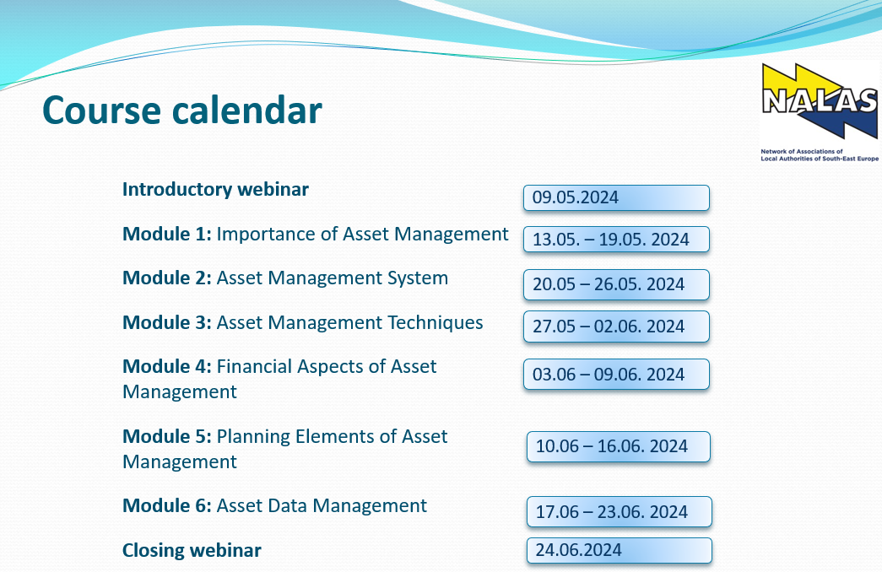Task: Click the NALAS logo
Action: tap(820, 112)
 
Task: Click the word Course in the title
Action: tap(102, 110)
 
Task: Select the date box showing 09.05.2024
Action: tap(616, 198)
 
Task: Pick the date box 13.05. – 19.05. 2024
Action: tap(616, 240)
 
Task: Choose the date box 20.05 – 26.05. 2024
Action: tap(616, 284)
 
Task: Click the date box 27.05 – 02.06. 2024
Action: tap(616, 326)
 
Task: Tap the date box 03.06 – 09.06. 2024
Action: tap(616, 375)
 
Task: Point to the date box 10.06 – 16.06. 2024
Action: tap(619, 446)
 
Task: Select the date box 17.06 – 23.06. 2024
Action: tap(620, 512)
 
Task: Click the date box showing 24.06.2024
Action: tap(620, 550)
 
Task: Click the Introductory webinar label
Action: tap(215, 190)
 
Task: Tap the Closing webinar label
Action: tap(192, 550)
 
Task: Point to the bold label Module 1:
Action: tap(167, 234)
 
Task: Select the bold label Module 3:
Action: tap(167, 323)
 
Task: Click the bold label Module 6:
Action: tap(167, 505)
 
